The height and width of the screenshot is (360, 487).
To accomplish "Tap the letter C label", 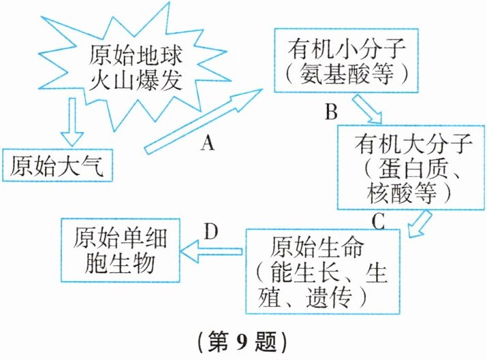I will tap(379, 221).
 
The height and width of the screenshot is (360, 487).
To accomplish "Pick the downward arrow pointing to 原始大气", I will tap(71, 119).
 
